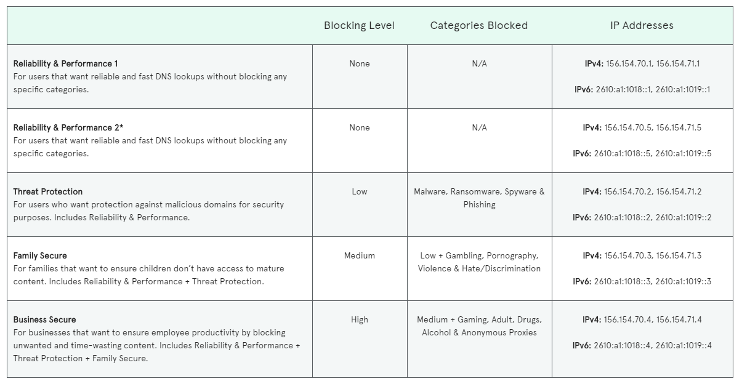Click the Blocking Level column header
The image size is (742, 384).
coord(359,25)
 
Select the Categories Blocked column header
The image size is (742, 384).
coord(478,25)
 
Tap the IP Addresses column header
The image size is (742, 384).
coord(642,25)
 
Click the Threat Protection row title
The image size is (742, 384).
coord(48,191)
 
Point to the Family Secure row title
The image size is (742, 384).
coord(40,255)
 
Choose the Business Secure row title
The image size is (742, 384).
coord(45,319)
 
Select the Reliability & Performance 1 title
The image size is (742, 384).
coord(65,63)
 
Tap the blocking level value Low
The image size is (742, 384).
coord(360,191)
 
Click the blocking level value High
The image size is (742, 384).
coord(360,319)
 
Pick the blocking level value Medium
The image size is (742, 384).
coord(360,255)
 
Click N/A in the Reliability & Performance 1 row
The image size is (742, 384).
coord(479,63)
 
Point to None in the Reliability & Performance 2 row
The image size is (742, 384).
coord(360,127)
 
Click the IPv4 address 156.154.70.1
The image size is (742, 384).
coord(629,63)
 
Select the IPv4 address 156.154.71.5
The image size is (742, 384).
coord(679,127)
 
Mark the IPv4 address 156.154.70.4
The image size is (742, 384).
coord(627,319)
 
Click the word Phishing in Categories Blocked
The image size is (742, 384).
coord(479,204)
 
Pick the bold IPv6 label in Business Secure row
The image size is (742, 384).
coord(582,345)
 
